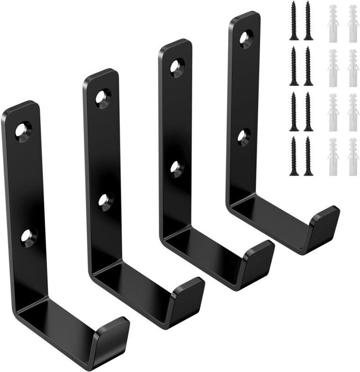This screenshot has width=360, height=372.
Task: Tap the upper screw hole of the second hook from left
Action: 103,98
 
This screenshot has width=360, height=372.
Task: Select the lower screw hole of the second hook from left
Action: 106,201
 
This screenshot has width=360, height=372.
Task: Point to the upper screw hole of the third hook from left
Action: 177,66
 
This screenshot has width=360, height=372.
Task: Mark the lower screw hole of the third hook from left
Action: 177,167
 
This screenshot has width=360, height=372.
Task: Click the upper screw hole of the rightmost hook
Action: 246,38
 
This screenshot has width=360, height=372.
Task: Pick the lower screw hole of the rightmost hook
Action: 243,137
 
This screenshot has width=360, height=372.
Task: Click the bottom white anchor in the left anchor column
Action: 333,157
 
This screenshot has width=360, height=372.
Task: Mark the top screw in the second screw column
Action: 308,20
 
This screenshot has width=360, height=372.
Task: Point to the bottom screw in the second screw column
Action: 308,156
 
